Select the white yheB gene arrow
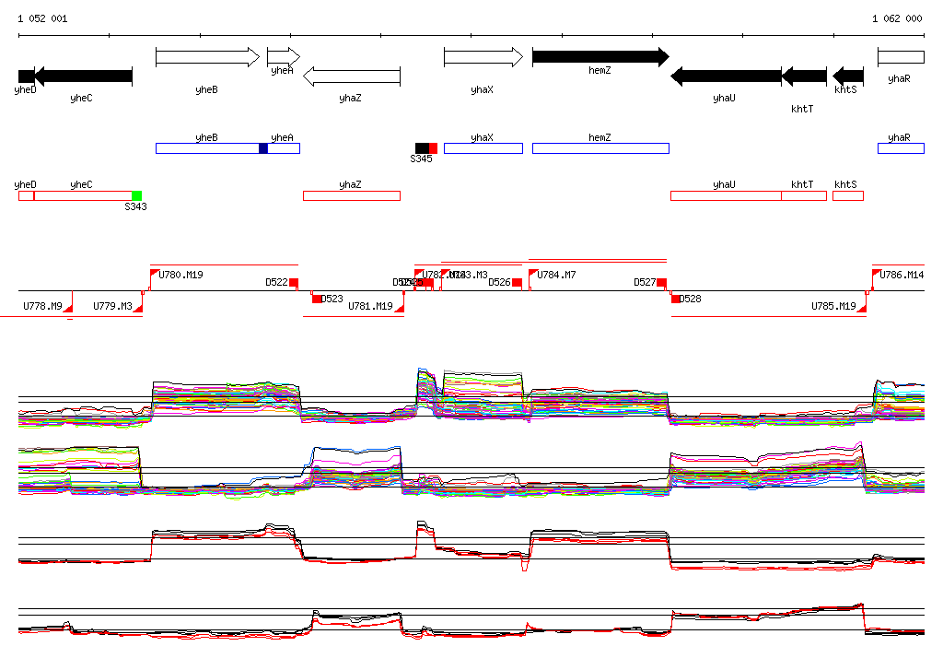pos(208,57)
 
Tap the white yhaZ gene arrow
pos(351,76)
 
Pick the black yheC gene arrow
pos(83,76)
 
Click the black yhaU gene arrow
pos(725,76)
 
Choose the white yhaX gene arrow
pos(483,57)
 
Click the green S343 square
pos(136,195)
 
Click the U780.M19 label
pos(181,275)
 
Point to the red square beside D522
pos(294,282)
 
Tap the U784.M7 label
pos(557,275)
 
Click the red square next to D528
pos(675,299)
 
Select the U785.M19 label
pos(833,306)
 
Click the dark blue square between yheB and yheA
pos(263,148)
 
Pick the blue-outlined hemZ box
pos(600,148)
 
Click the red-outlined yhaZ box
pos(351,195)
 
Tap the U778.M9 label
pos(42,306)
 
